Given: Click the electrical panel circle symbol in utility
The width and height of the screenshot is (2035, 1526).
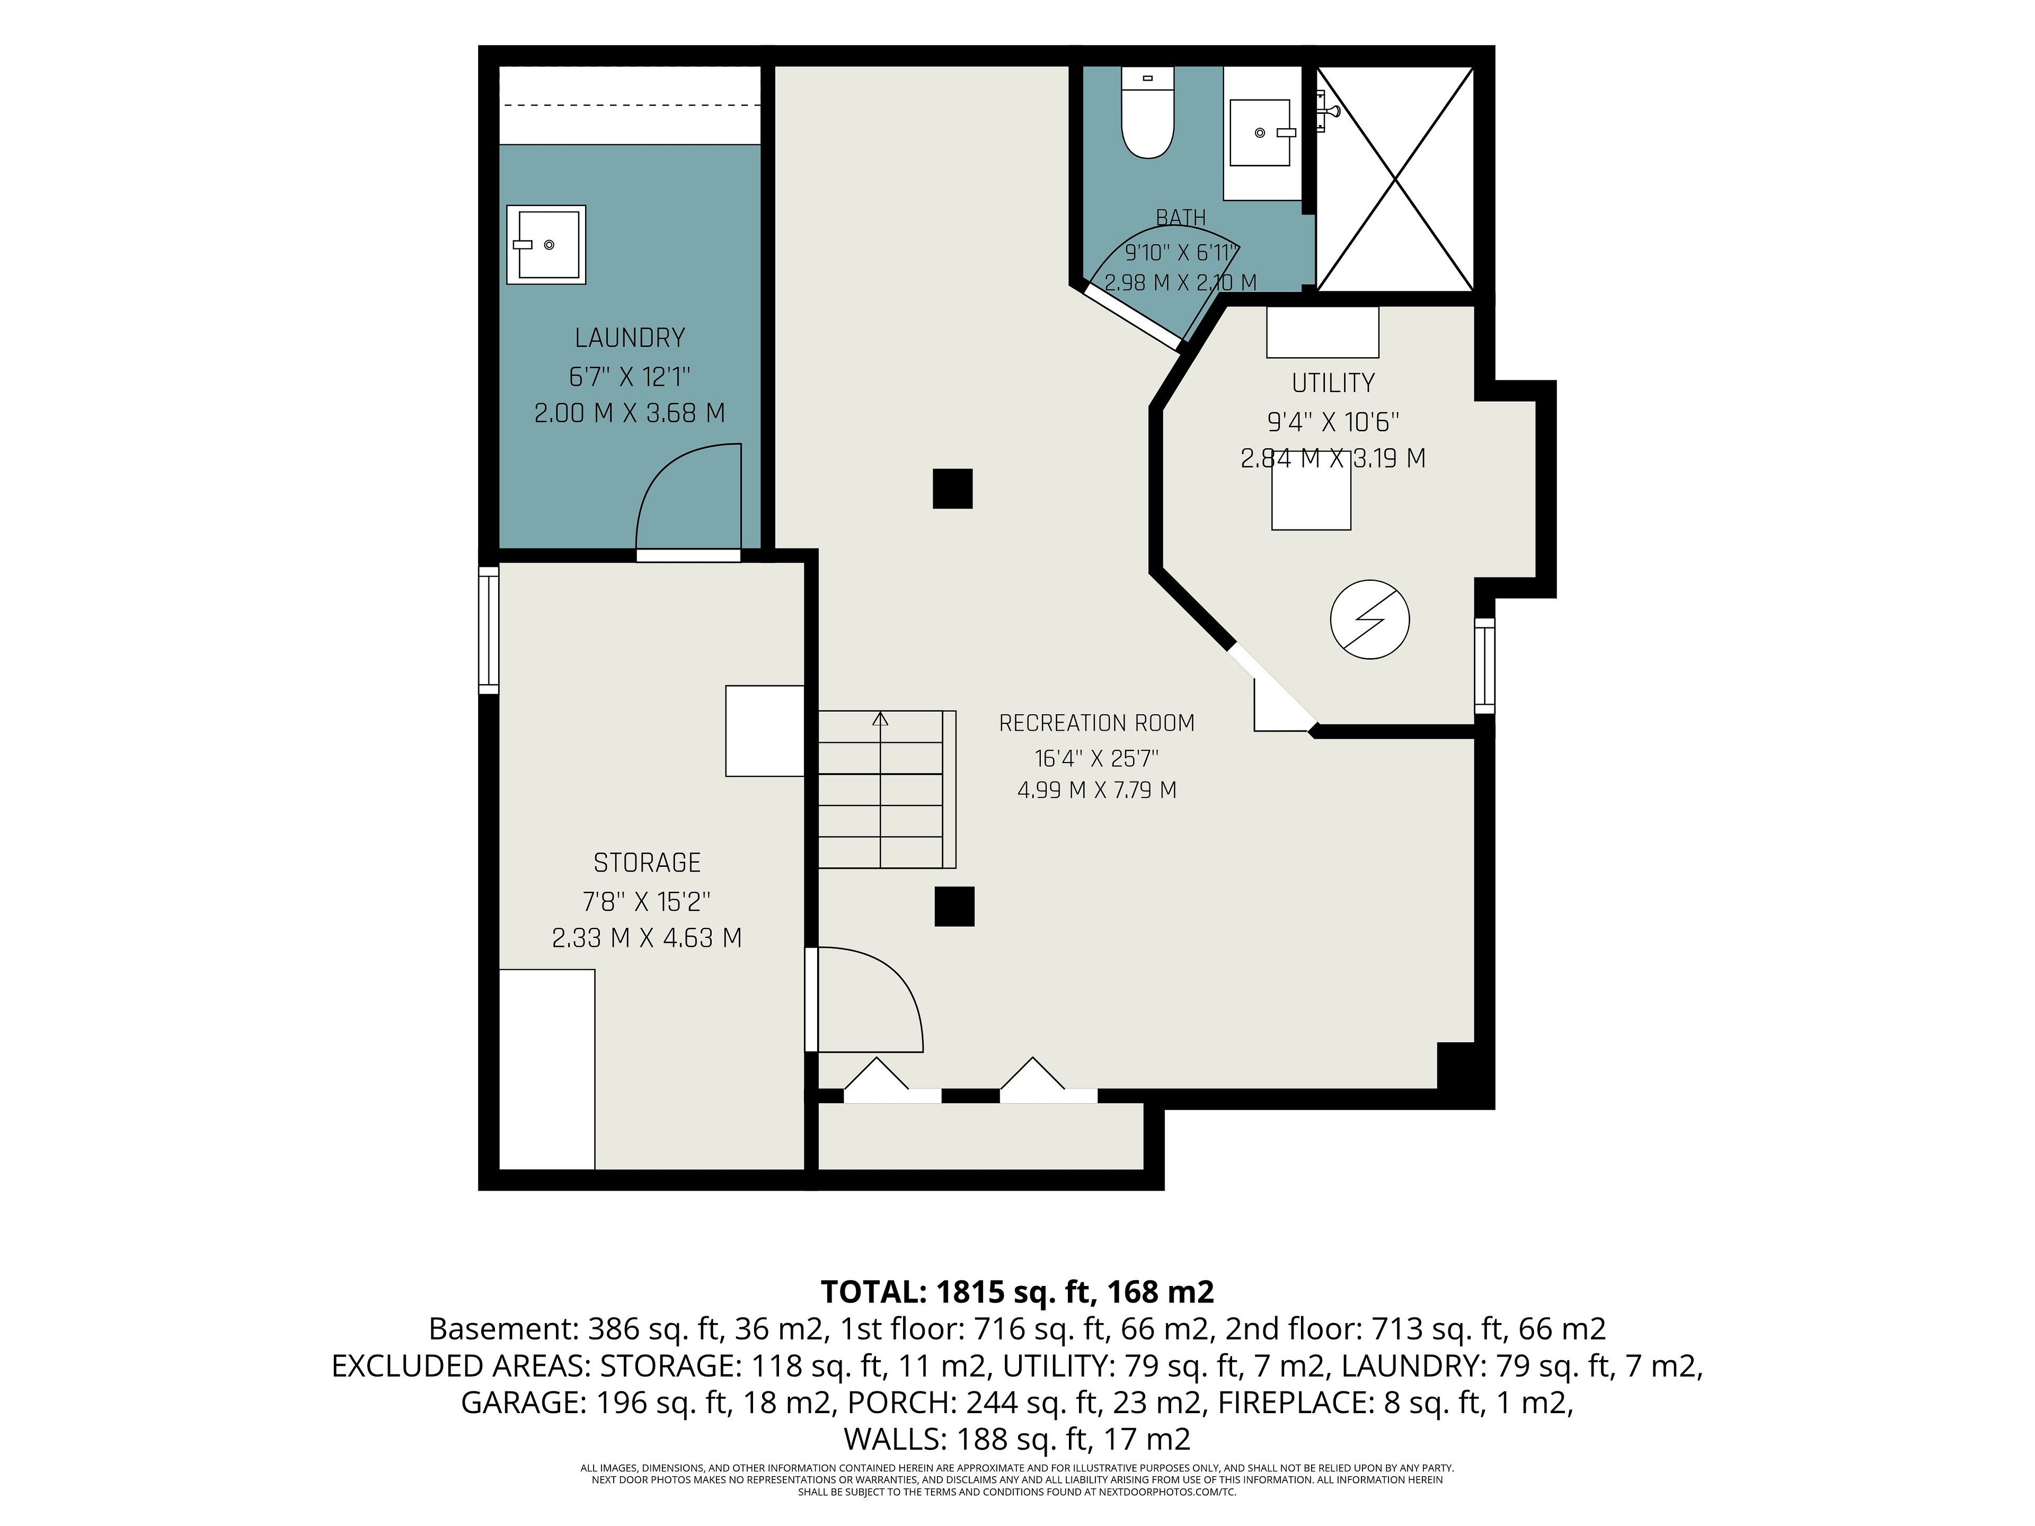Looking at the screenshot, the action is pos(1370,619).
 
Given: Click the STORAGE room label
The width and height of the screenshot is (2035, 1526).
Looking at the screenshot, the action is pos(647,862).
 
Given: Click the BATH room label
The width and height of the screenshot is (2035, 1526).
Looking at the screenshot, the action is pos(1180,218).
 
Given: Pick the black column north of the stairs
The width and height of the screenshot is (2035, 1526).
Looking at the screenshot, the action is pos(952,489).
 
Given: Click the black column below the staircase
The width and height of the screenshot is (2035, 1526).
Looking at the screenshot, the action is pos(954,906).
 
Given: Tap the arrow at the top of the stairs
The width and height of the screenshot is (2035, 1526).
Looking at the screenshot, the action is pos(880,720).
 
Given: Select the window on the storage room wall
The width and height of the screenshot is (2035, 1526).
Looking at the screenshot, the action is pos(489,630).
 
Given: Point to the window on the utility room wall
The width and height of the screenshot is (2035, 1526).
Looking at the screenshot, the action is pos(1484,665).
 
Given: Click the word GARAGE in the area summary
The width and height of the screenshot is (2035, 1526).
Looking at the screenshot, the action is pos(523,1403).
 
